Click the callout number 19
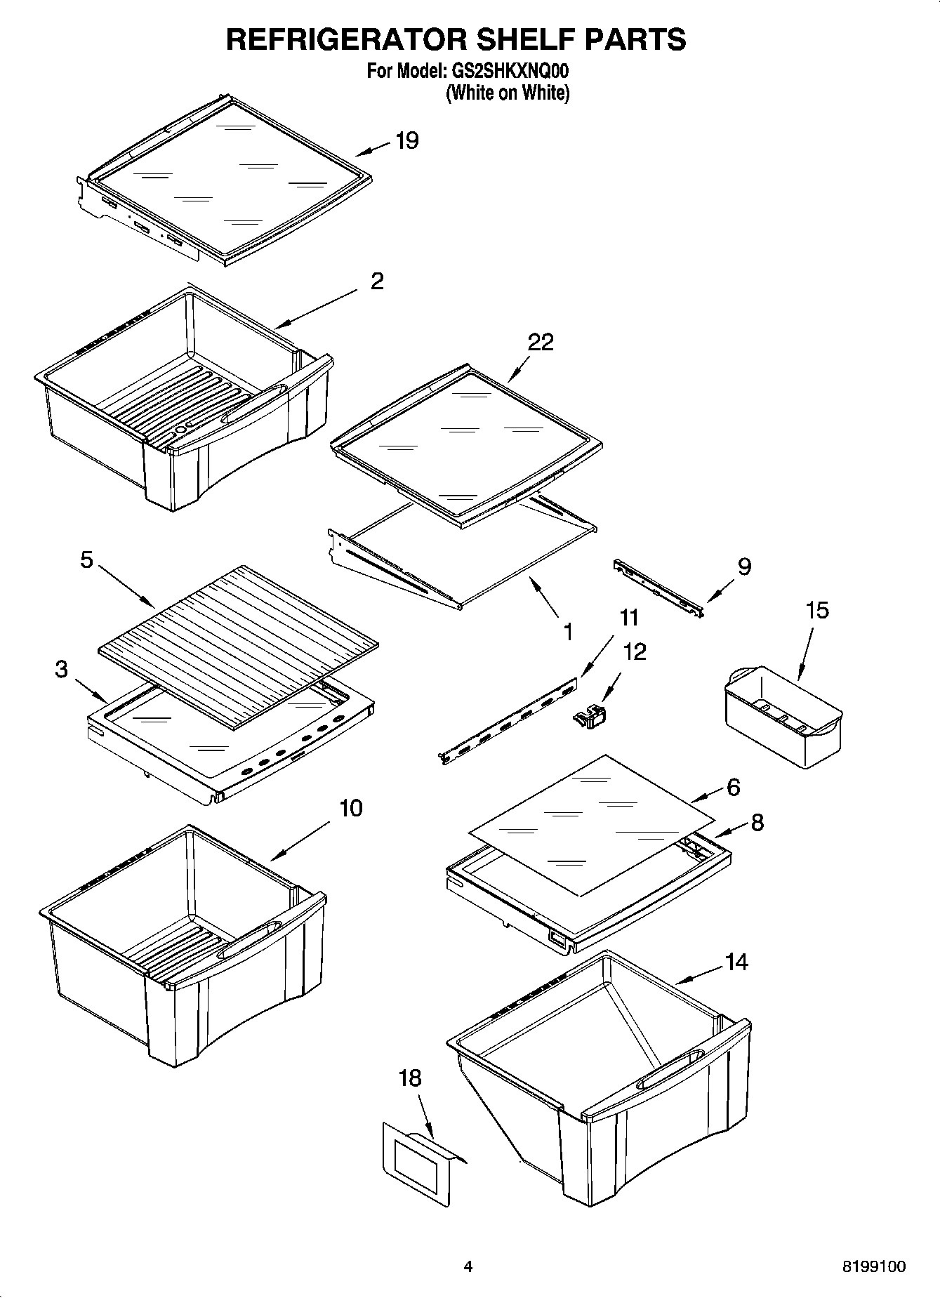tap(406, 140)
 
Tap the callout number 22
tap(541, 343)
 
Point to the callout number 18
tap(410, 1078)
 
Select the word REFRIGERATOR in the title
tap(346, 39)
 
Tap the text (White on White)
tap(507, 93)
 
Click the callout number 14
tap(736, 962)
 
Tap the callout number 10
tap(351, 808)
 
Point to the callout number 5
tap(86, 560)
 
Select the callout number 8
tap(757, 822)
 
